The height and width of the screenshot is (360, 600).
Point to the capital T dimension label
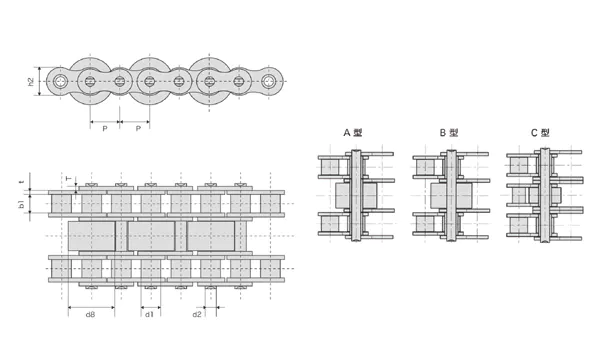point(68,180)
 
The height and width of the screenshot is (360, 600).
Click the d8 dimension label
point(89,315)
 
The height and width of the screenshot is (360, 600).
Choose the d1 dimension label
point(148,315)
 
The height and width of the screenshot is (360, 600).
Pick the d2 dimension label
point(198,315)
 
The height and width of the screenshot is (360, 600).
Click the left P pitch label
point(104,128)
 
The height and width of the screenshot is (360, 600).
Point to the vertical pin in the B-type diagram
point(451,195)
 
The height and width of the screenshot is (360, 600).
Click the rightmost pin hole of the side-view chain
point(269,80)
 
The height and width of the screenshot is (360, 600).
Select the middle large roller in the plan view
point(155,236)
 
